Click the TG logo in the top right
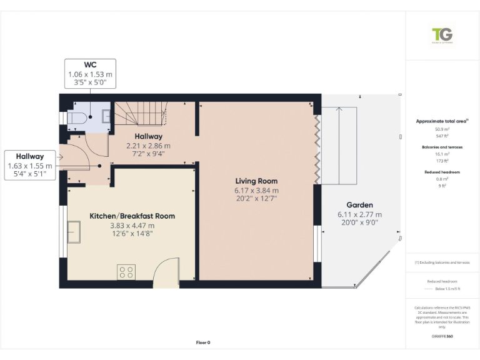(442, 36)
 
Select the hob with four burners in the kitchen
(126, 272)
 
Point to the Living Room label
(256, 181)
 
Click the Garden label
(359, 205)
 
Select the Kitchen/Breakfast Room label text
(132, 216)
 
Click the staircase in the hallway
(146, 114)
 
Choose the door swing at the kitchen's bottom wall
(164, 272)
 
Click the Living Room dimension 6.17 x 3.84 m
(256, 191)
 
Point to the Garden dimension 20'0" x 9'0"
(359, 223)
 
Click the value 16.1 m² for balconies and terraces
(442, 154)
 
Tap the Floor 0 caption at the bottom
(203, 342)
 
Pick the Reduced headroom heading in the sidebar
(442, 171)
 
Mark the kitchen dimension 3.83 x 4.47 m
(132, 225)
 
